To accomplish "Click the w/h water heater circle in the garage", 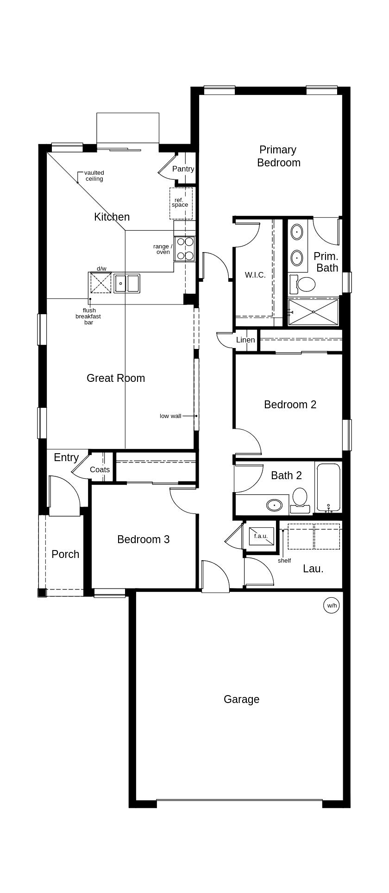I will click(x=332, y=605).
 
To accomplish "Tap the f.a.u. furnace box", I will click(x=261, y=536).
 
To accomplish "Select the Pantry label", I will click(x=183, y=169).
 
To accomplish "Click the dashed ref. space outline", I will click(x=181, y=203).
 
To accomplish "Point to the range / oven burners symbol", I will click(x=184, y=249).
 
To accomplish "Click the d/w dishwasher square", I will click(x=101, y=283).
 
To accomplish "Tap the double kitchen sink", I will click(x=127, y=283).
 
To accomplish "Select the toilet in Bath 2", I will click(x=300, y=499).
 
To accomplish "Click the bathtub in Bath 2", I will click(x=328, y=487).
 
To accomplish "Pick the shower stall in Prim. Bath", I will click(x=314, y=311).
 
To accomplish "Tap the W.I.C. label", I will click(x=255, y=275).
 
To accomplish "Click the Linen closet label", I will click(x=245, y=340).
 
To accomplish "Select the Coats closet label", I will click(x=100, y=469).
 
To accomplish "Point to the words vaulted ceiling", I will click(x=94, y=176).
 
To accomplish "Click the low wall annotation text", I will click(x=170, y=416).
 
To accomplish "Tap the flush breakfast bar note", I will click(x=88, y=317).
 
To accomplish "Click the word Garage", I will click(x=241, y=699).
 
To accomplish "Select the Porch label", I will click(x=65, y=554).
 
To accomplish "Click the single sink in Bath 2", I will click(x=274, y=504).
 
